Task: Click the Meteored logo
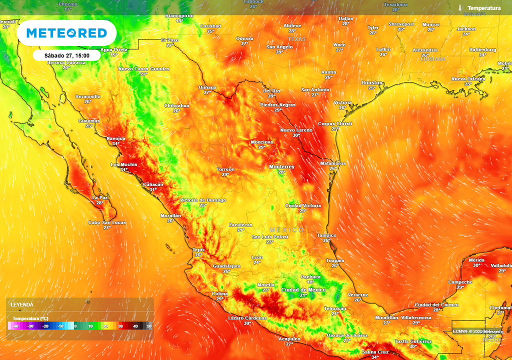coord(66,33)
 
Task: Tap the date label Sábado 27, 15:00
coord(67,55)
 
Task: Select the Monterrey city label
coord(281,166)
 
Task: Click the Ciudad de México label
coord(303,290)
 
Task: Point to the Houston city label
coord(371,82)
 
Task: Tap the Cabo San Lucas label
coord(107,222)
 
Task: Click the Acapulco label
coord(289,338)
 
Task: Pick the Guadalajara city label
coord(226,266)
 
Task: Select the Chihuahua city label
coord(176,105)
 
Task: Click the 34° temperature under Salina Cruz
coord(375,357)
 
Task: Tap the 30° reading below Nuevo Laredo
coord(296,135)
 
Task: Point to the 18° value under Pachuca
coord(310,282)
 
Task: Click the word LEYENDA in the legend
coord(22,304)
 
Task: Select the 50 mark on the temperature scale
coord(149,326)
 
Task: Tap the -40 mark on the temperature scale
coord(15,326)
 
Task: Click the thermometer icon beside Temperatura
coord(460,8)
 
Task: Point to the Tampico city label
coord(326,235)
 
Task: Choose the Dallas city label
coord(345,18)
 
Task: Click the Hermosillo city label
coord(87,96)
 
